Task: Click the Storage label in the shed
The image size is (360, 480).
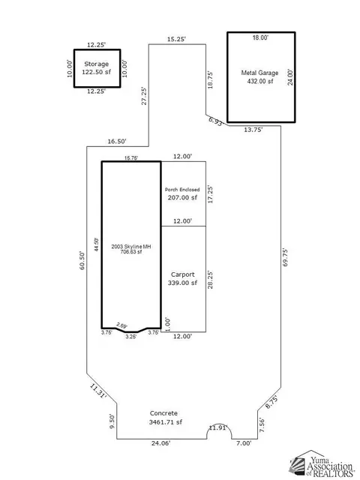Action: (97, 64)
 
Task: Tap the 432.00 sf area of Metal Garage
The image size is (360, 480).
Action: (260, 81)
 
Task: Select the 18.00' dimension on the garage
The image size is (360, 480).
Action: (260, 37)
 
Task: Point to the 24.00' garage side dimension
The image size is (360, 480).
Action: (290, 77)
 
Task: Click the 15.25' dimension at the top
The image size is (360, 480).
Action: (176, 39)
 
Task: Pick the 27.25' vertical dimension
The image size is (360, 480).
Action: (144, 96)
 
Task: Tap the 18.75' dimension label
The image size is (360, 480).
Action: (210, 80)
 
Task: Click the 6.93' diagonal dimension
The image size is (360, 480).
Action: (217, 121)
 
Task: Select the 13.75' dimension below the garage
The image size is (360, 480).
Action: (253, 130)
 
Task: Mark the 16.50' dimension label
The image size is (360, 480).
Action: (117, 141)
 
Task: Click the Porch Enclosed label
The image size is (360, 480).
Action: (182, 190)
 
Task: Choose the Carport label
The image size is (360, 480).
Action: (183, 274)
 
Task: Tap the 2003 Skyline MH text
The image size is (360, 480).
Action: (131, 247)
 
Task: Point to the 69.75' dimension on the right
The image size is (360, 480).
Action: (285, 257)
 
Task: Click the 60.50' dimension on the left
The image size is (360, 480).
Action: (82, 260)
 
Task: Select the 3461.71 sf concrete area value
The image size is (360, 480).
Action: (166, 422)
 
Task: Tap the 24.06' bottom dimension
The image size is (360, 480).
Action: (160, 443)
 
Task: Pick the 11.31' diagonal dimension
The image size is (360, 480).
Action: (98, 391)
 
